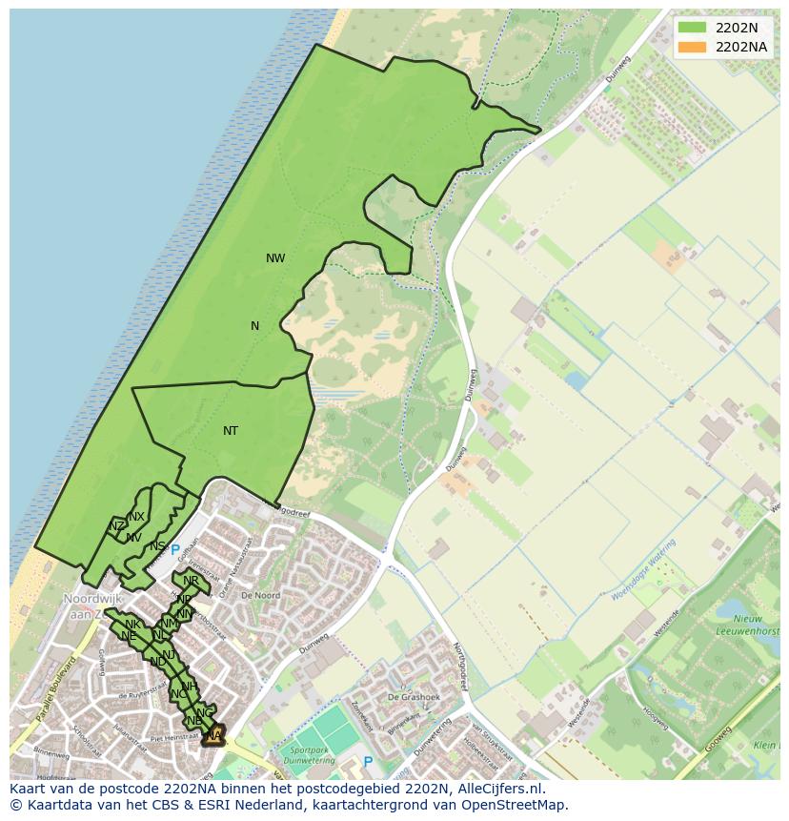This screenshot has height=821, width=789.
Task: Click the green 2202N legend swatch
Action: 692,29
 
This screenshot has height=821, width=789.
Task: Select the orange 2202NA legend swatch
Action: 692,47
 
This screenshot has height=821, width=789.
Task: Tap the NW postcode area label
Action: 275,258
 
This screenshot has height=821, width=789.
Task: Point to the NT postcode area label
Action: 231,431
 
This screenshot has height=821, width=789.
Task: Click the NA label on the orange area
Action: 213,735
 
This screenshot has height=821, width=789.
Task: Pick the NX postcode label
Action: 136,517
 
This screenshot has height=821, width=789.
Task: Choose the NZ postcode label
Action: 116,526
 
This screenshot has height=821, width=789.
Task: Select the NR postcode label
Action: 191,581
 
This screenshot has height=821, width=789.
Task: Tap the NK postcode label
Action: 132,625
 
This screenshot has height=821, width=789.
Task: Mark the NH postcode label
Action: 190,687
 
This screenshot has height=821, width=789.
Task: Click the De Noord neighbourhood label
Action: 260,595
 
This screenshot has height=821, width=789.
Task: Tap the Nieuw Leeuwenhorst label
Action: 747,624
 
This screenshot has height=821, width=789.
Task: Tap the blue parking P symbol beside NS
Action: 175,550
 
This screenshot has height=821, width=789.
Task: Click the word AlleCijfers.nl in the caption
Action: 496,789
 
